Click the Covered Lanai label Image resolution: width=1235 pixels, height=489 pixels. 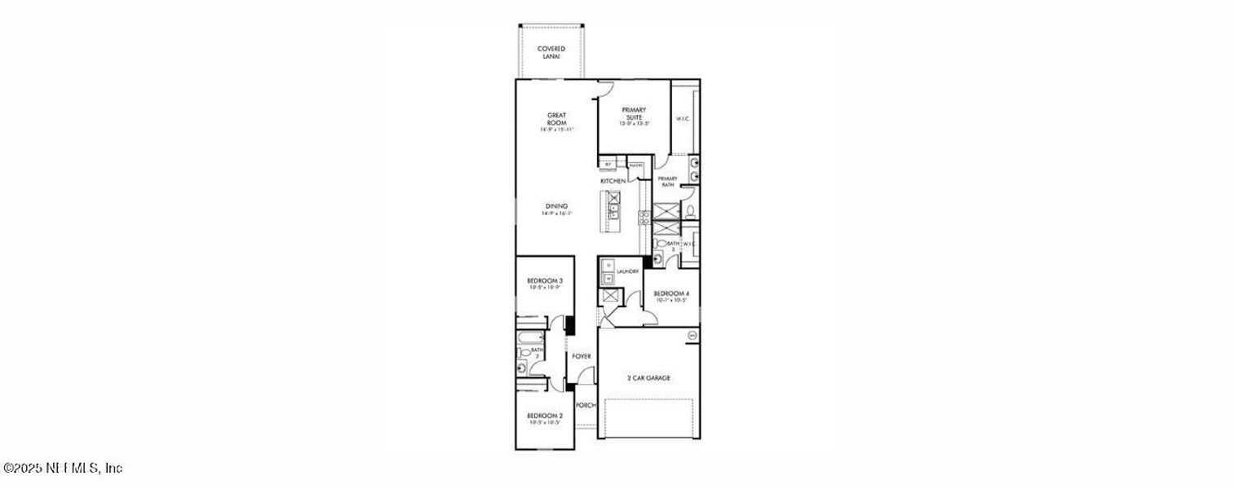551,52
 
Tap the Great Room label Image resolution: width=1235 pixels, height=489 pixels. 557,119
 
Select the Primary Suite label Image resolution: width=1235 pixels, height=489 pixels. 634,113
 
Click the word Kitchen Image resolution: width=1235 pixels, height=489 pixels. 613,181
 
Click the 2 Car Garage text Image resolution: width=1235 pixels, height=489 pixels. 648,378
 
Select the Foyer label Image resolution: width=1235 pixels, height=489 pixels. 581,357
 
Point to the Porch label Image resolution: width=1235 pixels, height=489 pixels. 586,405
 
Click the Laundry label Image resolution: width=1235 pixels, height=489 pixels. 627,271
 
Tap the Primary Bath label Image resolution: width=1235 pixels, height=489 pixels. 667,182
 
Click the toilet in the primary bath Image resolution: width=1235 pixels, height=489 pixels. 689,212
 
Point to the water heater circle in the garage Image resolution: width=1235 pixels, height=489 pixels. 693,335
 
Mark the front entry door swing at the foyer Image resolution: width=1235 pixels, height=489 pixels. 585,376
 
